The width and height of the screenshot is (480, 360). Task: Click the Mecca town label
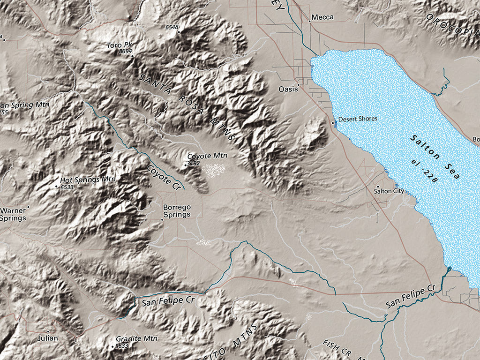pos(322,17)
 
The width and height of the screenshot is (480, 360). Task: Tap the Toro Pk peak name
pos(117,45)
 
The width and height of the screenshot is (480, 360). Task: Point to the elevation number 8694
pos(125,51)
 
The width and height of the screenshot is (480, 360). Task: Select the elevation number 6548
pos(172,27)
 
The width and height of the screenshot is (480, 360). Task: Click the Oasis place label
pos(288,89)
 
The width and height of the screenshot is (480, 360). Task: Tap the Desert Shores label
pos(357,119)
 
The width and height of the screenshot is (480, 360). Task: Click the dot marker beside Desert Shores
pos(333,123)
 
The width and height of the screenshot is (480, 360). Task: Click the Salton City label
pos(389,191)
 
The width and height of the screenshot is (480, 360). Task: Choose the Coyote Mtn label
pos(207,156)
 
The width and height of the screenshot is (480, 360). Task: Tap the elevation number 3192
pos(193,163)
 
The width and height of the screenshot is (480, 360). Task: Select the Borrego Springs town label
pos(177,211)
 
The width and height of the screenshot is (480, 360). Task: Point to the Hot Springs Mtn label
pos(88,180)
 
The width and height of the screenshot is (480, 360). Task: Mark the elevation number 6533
pos(67,187)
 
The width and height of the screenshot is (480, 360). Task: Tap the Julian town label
pos(48,338)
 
